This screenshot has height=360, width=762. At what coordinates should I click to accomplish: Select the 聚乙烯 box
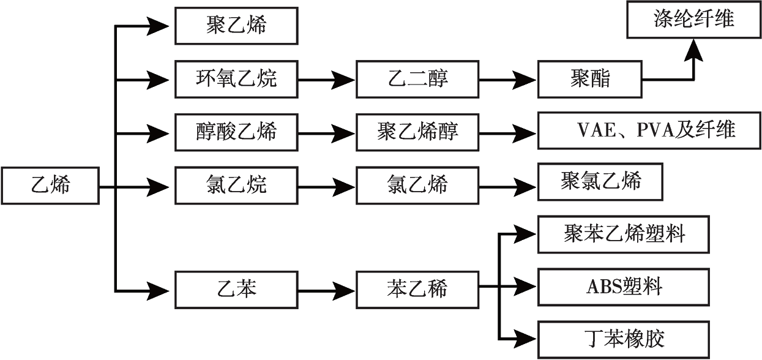pyautogui.click(x=236, y=26)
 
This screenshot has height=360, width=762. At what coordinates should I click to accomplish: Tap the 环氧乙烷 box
pyautogui.click(x=236, y=79)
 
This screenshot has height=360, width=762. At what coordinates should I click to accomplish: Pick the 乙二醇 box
pyautogui.click(x=417, y=79)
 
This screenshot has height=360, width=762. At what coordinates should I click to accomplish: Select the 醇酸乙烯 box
pyautogui.click(x=236, y=132)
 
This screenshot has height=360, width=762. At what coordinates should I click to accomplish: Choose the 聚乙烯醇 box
pyautogui.click(x=417, y=132)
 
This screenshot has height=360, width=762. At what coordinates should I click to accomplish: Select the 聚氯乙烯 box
pyautogui.click(x=600, y=182)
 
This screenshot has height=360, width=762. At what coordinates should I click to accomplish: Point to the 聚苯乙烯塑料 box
pyautogui.click(x=624, y=234)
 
